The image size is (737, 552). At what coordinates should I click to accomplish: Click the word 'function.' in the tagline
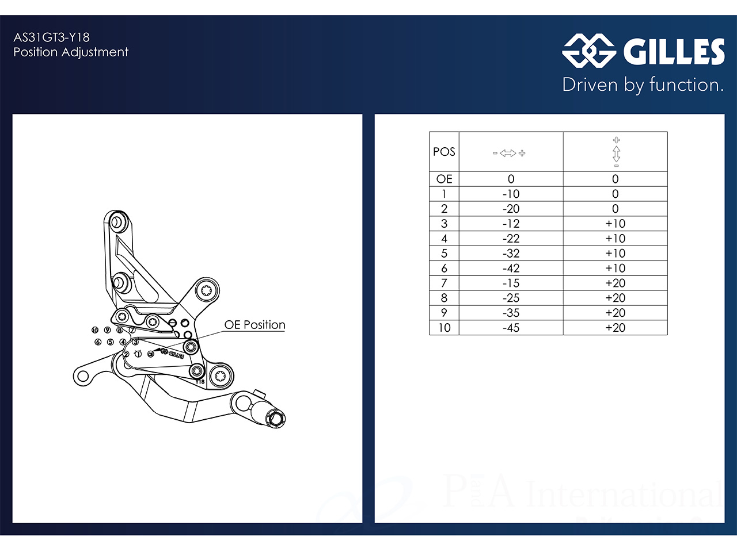(x=686, y=85)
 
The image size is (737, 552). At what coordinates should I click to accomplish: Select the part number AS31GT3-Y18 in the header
(x=52, y=37)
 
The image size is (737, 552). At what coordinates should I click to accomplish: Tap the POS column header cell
(x=444, y=152)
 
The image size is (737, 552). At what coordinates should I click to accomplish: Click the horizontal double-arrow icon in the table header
(x=509, y=153)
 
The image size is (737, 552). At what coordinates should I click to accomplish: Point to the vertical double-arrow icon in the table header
(x=616, y=152)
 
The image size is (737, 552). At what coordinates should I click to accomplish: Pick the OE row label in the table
(x=444, y=179)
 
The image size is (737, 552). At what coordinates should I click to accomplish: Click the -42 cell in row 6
(x=511, y=269)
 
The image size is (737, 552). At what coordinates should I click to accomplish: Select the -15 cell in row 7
(x=511, y=283)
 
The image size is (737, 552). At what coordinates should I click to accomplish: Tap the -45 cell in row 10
(x=511, y=328)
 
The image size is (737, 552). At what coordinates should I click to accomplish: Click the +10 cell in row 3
(x=615, y=224)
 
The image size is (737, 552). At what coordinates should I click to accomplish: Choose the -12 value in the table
(x=511, y=224)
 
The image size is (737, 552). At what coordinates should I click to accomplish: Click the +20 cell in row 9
(x=615, y=313)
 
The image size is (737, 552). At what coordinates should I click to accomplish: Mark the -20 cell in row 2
(x=511, y=209)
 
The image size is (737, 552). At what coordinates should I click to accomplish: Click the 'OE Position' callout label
(x=254, y=325)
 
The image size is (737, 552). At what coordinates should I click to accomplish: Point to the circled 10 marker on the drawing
(x=95, y=330)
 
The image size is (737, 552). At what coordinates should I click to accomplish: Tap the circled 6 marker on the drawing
(x=98, y=342)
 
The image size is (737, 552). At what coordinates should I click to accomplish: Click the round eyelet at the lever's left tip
(x=82, y=377)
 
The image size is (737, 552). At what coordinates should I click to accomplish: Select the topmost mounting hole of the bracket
(x=116, y=221)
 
